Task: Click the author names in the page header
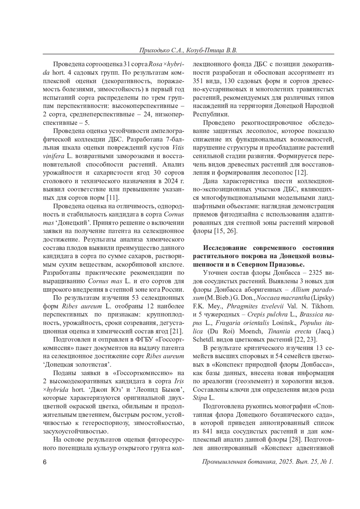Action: click(x=188, y=50)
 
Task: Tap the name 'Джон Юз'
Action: click(x=114, y=390)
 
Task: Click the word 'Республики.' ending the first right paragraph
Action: click(x=211, y=114)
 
